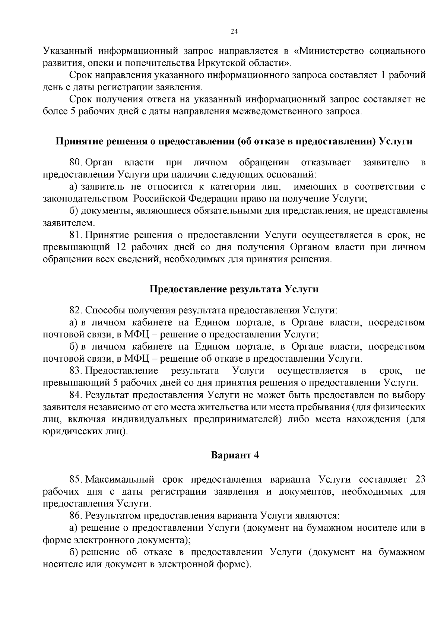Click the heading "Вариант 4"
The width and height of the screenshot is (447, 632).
click(235, 455)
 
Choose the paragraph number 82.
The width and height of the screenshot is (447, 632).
click(75, 310)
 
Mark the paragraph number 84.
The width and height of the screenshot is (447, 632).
click(75, 395)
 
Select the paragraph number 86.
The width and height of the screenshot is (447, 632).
click(75, 516)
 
